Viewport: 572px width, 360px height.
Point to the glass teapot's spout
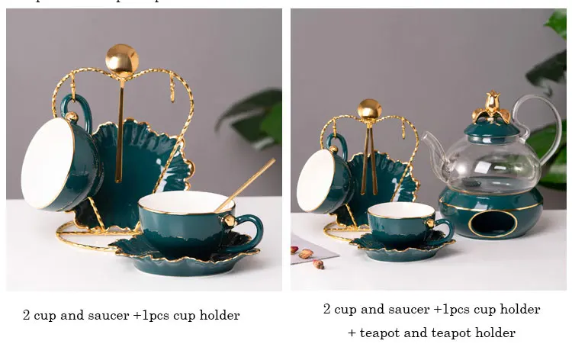[433, 145]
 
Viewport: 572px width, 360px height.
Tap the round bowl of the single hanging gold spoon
[122, 59]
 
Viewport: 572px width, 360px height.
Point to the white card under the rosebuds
[309, 248]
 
